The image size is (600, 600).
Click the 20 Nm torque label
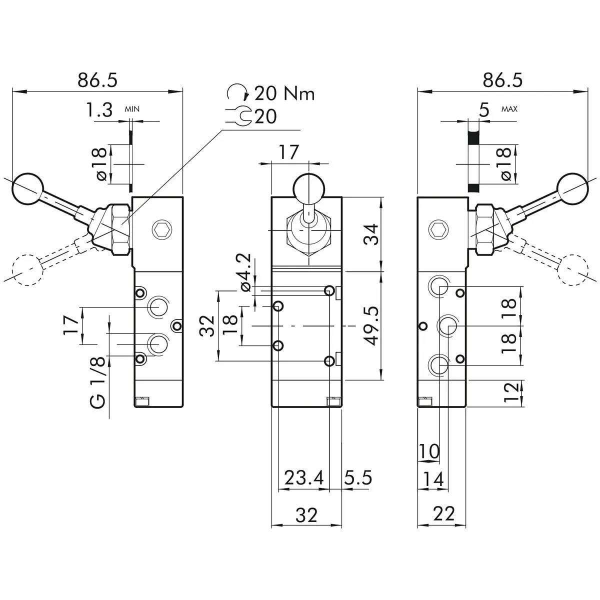coord(284,93)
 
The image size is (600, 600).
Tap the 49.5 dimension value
coord(370,326)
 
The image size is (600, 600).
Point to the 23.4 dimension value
coord(304,478)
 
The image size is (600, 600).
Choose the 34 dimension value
coord(370,234)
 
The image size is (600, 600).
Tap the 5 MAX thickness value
coord(483,110)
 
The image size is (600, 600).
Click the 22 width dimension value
coord(444,513)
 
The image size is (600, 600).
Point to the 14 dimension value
coord(433,480)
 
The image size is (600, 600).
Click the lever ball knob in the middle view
coord(306,187)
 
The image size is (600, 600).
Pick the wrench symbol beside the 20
coord(241,117)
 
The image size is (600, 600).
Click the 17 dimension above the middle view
coord(288,152)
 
